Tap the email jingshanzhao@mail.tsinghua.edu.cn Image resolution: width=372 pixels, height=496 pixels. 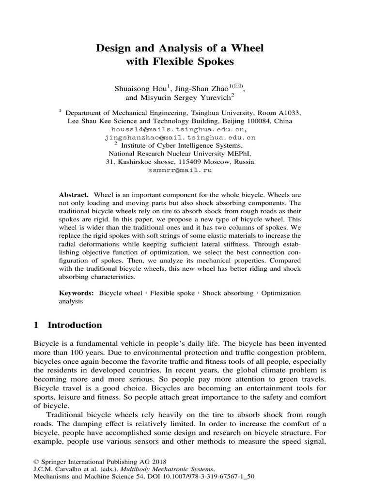180,138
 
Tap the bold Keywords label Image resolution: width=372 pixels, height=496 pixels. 76,293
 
